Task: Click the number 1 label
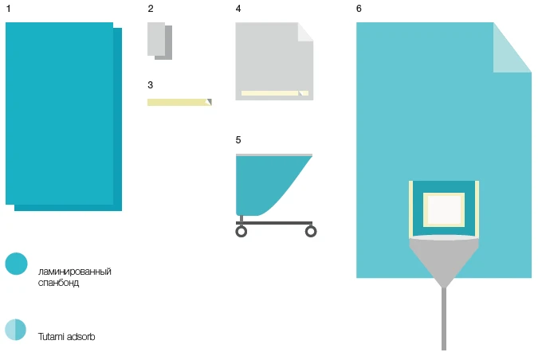pos(8,9)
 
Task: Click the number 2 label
pos(151,9)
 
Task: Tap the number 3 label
pos(151,84)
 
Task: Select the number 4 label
pos(238,9)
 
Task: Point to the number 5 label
pos(238,140)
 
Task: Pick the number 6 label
pos(359,9)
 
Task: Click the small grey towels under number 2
pos(159,41)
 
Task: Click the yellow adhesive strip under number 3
pos(178,102)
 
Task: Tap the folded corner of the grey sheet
pos(304,32)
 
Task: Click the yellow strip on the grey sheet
pos(271,93)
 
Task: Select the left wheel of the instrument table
pos(242,231)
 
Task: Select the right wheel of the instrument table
pos(311,231)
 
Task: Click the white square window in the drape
pos(443,210)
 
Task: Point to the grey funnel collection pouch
pos(443,259)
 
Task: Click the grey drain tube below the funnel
pos(444,319)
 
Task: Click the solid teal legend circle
pos(16,264)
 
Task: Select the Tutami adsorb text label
pos(67,337)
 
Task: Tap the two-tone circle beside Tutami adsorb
pos(16,330)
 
